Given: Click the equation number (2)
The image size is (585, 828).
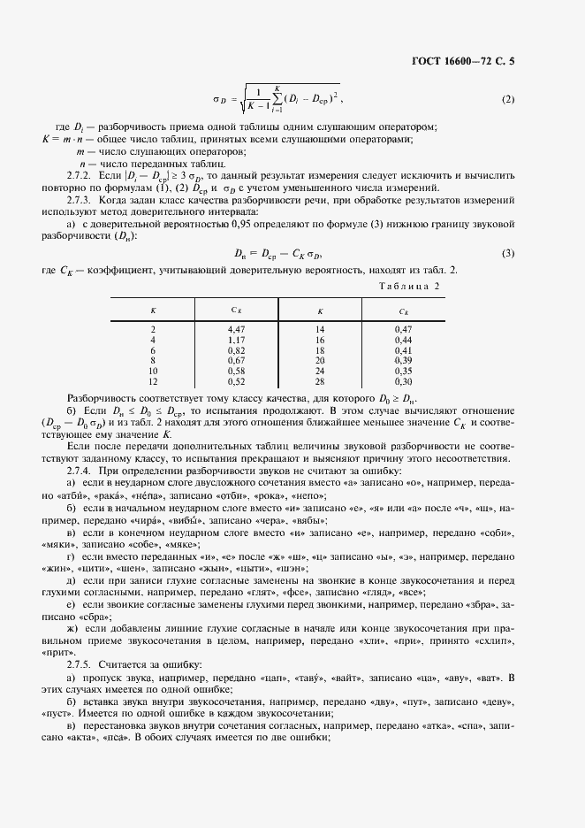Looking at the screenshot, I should (x=507, y=98).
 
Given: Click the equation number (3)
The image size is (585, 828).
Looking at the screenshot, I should (x=507, y=254).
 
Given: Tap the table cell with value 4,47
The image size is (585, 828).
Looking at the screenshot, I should (x=235, y=329).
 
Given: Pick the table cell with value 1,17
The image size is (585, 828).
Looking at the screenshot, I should (x=235, y=339).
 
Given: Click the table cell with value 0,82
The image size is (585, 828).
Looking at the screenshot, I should (x=235, y=349).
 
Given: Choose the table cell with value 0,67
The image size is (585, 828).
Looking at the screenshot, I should (x=235, y=360).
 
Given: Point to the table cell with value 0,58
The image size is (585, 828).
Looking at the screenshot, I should (x=235, y=371).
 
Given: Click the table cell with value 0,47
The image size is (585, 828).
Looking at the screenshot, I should (x=403, y=329).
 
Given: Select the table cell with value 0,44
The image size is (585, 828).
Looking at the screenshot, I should (x=403, y=339).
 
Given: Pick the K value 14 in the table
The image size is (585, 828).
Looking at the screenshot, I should (x=320, y=329).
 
